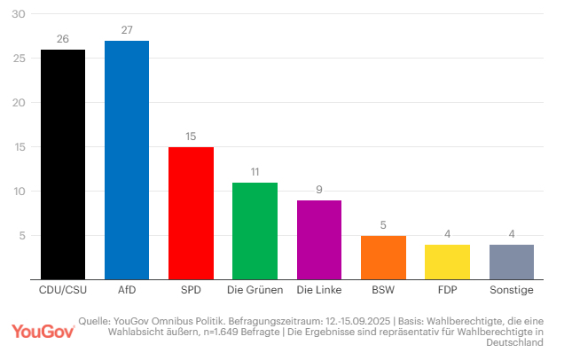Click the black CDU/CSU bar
click(x=63, y=164)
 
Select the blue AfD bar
click(x=127, y=160)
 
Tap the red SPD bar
click(x=191, y=213)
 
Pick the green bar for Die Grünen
click(x=255, y=231)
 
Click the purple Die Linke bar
click(x=319, y=239)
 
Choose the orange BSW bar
click(x=383, y=257)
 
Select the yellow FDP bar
click(x=447, y=262)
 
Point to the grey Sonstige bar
click(x=512, y=262)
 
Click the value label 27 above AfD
click(x=127, y=30)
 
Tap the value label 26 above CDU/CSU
click(x=63, y=39)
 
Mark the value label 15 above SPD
click(x=191, y=137)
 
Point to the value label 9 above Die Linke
click(x=319, y=190)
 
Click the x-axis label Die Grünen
click(x=255, y=290)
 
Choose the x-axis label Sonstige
click(x=512, y=290)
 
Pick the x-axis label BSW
click(x=383, y=290)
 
